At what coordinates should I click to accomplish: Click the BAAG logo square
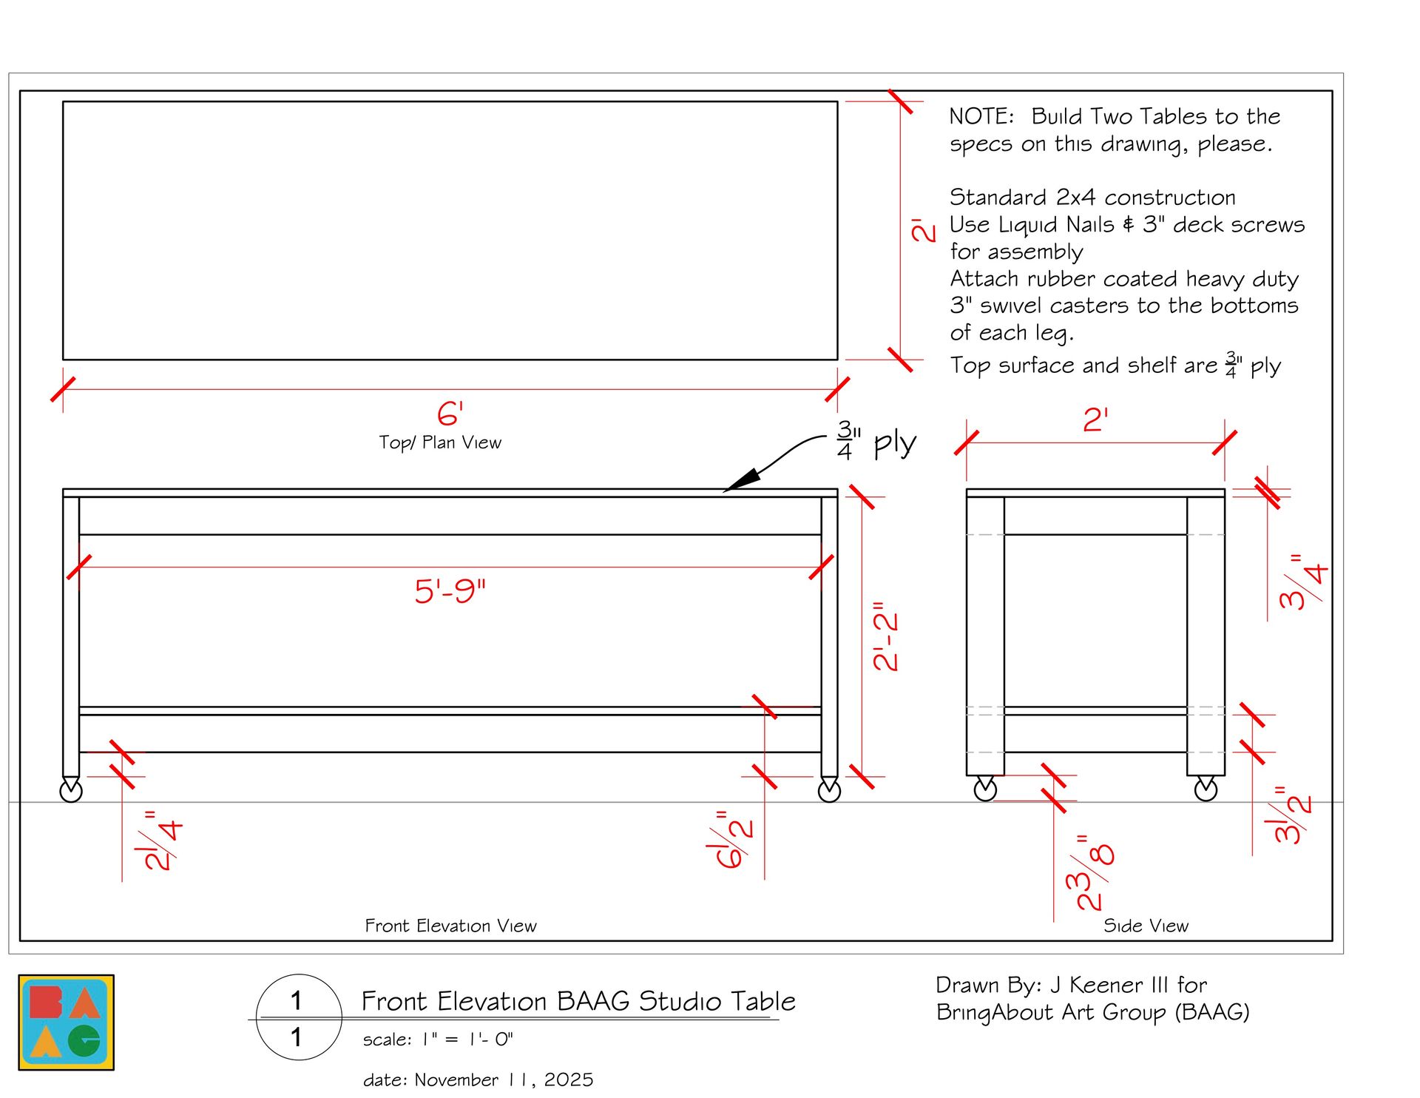tap(67, 1022)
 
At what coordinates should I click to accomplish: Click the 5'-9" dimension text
tap(450, 590)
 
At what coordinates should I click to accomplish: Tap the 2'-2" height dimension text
tap(885, 637)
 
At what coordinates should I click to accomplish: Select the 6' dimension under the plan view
tap(450, 414)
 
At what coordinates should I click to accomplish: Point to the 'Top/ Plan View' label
tap(440, 442)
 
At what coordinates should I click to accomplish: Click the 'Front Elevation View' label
tap(450, 926)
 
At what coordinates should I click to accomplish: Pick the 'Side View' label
tap(1146, 926)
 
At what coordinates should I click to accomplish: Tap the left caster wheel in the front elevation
tap(71, 790)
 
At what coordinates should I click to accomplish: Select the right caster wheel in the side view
tap(1206, 789)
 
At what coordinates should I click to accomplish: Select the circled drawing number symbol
tap(299, 1017)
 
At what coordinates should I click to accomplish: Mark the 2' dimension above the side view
tap(1095, 420)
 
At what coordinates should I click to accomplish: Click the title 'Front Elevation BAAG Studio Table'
tap(578, 1001)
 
